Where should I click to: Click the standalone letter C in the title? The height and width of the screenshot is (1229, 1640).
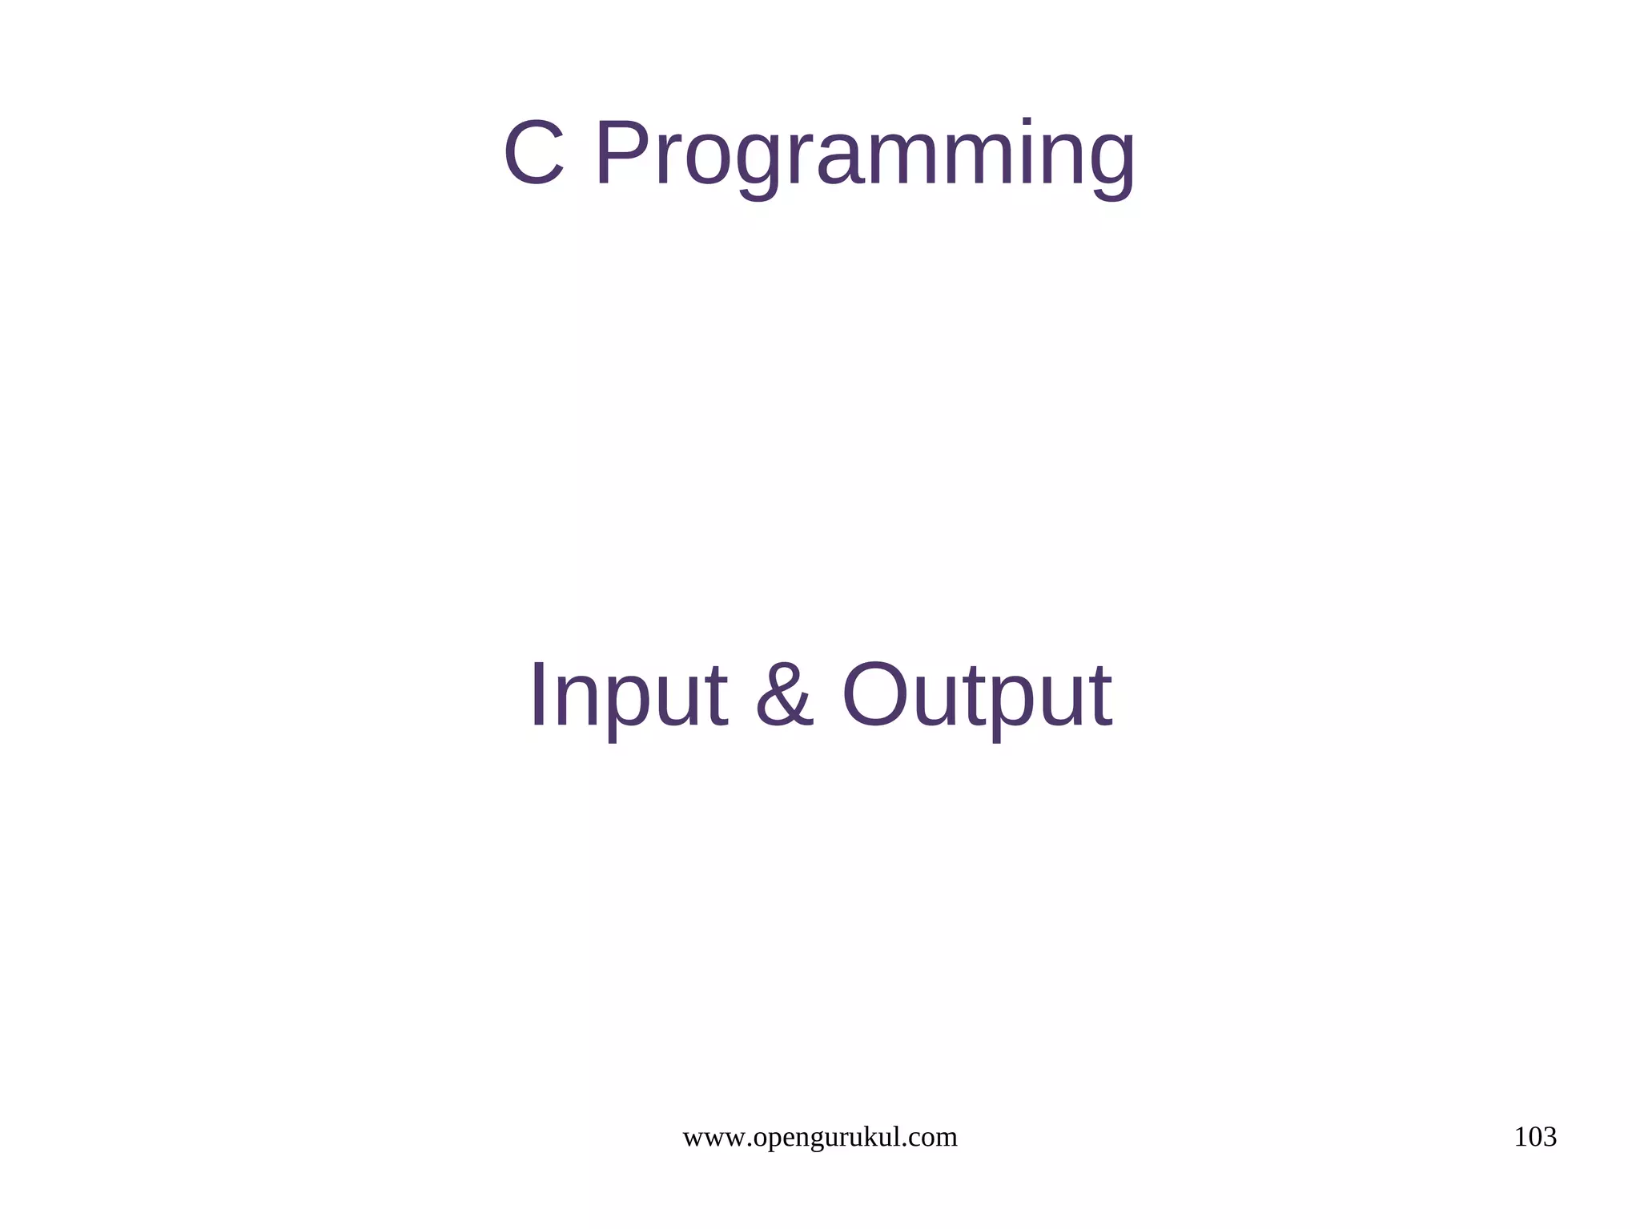[x=534, y=153]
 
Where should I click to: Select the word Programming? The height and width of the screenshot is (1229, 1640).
[x=865, y=156]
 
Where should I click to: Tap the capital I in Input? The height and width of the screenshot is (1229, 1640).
[x=538, y=694]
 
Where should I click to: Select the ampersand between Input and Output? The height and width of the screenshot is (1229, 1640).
[x=784, y=694]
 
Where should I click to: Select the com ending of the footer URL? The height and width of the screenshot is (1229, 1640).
[x=936, y=1138]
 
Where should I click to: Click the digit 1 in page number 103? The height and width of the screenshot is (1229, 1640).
[x=1520, y=1137]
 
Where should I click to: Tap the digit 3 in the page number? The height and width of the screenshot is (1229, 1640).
[x=1550, y=1137]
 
